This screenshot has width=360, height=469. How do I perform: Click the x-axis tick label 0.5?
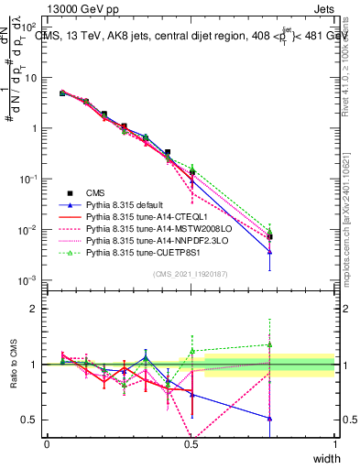(x=191, y=444)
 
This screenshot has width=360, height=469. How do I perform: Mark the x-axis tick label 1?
(x=334, y=444)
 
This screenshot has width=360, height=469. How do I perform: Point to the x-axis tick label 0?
(x=47, y=444)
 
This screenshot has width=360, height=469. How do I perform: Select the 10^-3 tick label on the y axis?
(x=29, y=279)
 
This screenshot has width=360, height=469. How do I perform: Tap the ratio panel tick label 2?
(x=35, y=309)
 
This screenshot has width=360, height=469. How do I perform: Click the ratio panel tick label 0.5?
(x=30, y=420)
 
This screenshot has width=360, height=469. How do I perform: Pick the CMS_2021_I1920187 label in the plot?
(x=191, y=275)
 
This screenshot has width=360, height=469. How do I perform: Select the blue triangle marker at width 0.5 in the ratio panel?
(x=191, y=395)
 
